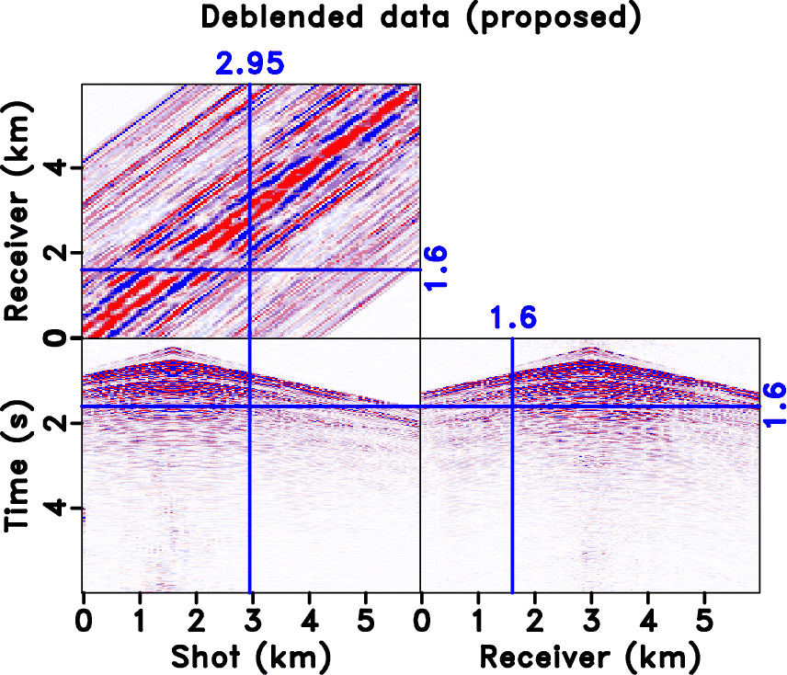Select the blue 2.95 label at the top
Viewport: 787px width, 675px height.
pos(250,63)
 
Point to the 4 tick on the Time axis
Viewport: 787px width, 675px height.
pos(65,508)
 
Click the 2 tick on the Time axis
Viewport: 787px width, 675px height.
pos(65,423)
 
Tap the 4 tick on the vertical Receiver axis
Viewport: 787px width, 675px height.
pos(65,168)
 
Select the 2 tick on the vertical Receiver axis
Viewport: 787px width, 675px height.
pos(65,253)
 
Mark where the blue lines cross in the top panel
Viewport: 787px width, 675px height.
pos(250,269)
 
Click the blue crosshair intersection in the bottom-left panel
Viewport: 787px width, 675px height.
pos(250,406)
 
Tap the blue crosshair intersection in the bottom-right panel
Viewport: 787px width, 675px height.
pos(512,406)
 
